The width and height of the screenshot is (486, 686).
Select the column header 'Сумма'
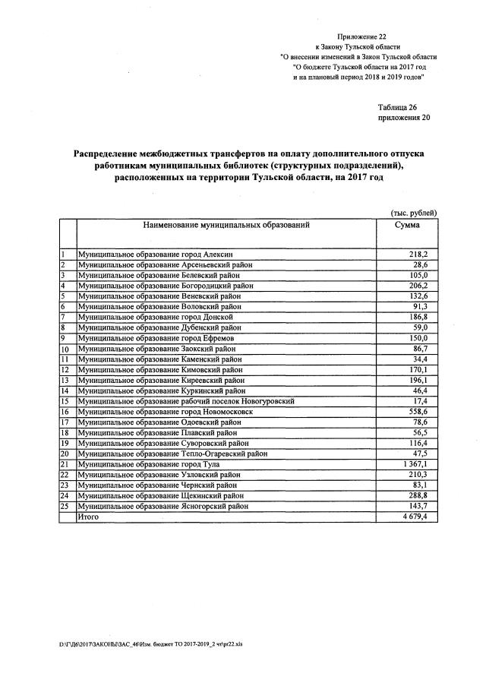pos(407,226)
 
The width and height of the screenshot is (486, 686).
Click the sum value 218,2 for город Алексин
pos(419,254)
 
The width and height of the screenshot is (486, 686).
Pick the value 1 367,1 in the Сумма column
pos(415,463)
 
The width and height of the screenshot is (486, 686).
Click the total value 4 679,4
pos(415,517)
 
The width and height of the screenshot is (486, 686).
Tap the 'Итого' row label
pos(89,517)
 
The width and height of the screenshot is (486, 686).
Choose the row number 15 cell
pos(66,400)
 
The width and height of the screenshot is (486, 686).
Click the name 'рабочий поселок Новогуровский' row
pos(186,400)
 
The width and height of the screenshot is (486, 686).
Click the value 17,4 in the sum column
pos(421,400)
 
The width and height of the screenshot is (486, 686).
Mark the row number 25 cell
pos(66,506)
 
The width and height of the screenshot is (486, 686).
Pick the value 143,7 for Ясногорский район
pos(419,506)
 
